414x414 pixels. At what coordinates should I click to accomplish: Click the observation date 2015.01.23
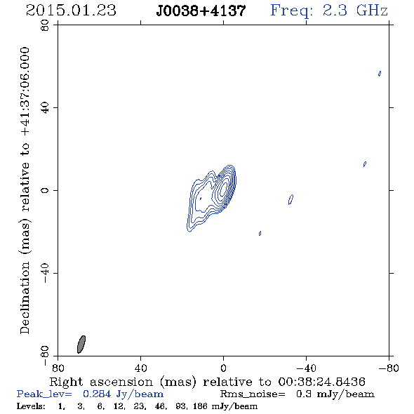click(71, 11)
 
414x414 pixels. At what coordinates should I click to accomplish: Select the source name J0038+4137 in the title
click(201, 11)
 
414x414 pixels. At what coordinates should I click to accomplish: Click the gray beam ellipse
click(81, 345)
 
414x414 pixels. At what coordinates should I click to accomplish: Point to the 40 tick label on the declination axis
click(45, 108)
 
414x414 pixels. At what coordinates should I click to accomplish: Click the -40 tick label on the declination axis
click(45, 273)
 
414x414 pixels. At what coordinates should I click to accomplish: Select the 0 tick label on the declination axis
click(45, 190)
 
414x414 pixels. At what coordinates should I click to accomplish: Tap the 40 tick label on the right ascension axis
click(141, 368)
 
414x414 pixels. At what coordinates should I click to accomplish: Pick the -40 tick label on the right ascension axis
click(306, 368)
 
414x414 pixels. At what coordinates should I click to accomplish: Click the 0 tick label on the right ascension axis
click(223, 368)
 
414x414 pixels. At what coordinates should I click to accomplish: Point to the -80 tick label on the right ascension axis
click(389, 368)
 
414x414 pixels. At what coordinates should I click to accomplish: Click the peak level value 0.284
click(96, 394)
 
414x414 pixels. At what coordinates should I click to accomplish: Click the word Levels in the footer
click(31, 406)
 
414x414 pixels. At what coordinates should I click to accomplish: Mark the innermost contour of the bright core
click(224, 189)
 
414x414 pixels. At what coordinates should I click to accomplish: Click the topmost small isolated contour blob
click(380, 74)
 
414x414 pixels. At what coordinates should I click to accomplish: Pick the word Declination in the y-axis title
click(25, 298)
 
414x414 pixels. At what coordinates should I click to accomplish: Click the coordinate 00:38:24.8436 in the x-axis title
click(321, 382)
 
